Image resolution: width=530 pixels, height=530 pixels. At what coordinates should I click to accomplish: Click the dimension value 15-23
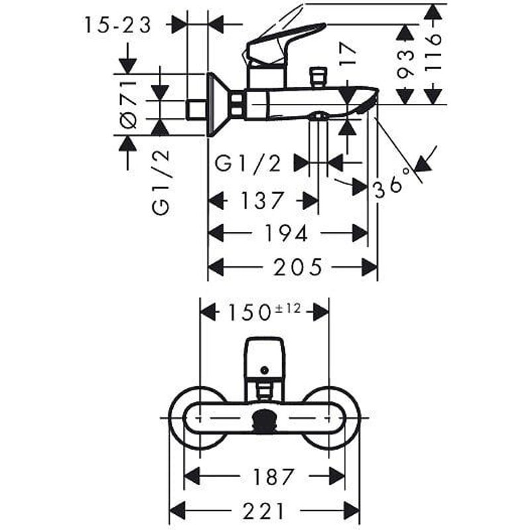[119, 25]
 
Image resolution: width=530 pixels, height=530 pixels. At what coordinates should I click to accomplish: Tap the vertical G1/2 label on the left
[160, 181]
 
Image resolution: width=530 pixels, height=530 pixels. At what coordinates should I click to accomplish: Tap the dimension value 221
[263, 510]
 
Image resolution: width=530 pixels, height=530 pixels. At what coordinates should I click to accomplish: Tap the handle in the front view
[265, 358]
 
